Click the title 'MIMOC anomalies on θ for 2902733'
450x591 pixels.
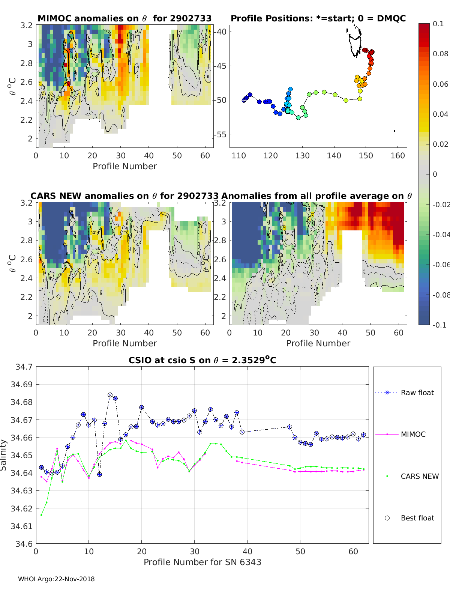[x=124, y=18]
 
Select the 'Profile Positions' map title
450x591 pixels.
[x=318, y=18]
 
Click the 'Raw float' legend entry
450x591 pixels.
[x=417, y=392]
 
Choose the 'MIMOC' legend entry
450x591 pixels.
[x=413, y=434]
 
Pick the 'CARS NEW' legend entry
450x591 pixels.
[x=419, y=476]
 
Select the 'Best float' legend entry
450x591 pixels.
[x=417, y=518]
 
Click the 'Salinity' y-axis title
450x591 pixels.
[x=3, y=455]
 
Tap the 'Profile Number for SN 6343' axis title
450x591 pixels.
[x=202, y=562]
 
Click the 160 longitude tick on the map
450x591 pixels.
[x=398, y=155]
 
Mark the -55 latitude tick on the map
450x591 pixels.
[x=220, y=134]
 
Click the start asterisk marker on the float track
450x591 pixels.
[x=244, y=100]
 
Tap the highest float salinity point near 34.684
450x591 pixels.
[x=110, y=395]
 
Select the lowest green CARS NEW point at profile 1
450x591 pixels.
[x=41, y=515]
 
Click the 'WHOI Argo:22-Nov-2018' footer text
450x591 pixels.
[x=56, y=579]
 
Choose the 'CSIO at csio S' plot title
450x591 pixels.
[x=202, y=360]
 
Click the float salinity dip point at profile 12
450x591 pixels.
[x=99, y=475]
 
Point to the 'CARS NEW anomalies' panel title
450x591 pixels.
[x=124, y=196]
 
